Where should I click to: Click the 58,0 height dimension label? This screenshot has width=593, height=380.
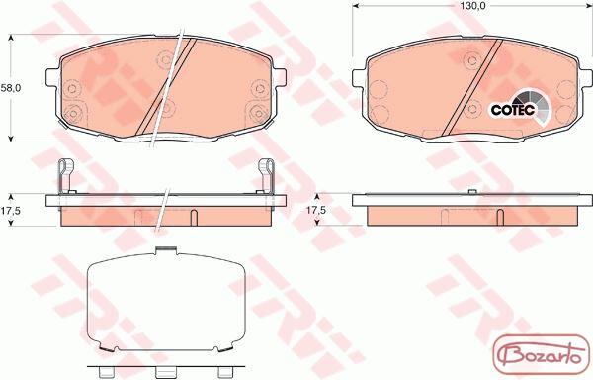11,88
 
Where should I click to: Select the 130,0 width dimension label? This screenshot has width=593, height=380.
470,6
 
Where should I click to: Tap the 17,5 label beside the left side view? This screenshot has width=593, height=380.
10,211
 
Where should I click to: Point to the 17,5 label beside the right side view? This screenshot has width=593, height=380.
316,210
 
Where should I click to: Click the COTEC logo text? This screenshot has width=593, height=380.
513,110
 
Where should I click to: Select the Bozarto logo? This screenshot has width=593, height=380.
542,355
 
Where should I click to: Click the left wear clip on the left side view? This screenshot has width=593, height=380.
65,176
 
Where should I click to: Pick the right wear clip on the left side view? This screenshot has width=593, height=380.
266,176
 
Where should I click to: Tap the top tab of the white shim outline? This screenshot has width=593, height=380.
166,250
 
